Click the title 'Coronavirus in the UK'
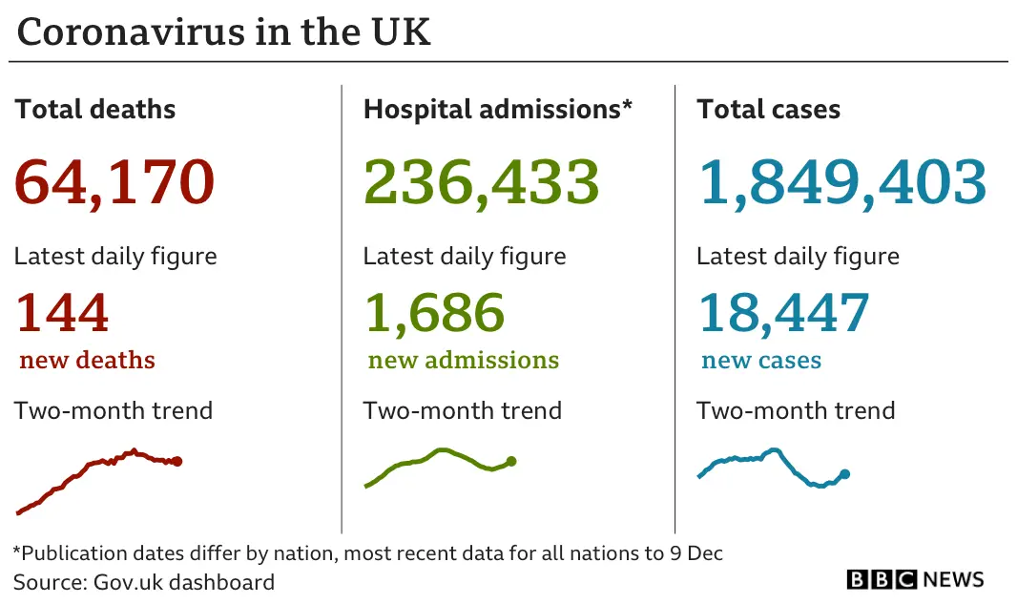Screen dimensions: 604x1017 (223, 31)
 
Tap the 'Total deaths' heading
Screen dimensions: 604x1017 (95, 109)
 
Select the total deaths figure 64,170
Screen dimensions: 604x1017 (114, 181)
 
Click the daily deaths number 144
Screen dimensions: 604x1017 (62, 313)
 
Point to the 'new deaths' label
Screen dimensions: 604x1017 (87, 361)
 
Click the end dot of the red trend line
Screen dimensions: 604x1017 (176, 461)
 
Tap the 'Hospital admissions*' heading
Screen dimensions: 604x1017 (497, 109)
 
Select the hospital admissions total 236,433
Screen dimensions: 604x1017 (482, 181)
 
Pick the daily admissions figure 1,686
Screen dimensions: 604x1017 (434, 313)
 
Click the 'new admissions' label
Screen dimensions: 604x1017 (464, 361)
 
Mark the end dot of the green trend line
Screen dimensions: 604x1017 (511, 461)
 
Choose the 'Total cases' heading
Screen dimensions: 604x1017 (768, 109)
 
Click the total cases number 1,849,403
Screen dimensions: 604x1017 (842, 181)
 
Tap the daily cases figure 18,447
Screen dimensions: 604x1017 (783, 313)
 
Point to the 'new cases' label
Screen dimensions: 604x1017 (761, 361)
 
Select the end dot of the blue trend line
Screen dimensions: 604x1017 (844, 473)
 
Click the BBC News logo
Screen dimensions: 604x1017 (915, 579)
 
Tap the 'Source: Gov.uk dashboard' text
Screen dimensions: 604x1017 (144, 582)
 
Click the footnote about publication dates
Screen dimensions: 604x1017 (367, 553)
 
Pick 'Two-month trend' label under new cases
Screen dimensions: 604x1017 (796, 411)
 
